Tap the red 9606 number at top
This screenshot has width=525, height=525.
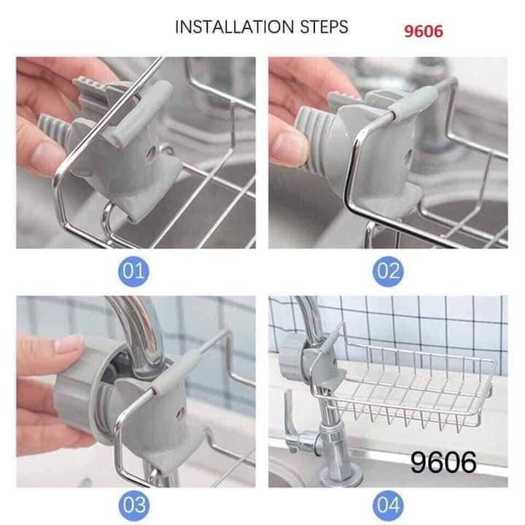[424, 31]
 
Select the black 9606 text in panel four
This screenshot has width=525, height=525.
[443, 462]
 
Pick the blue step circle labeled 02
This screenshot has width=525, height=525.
[388, 272]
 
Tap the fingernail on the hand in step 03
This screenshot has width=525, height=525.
[69, 343]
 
